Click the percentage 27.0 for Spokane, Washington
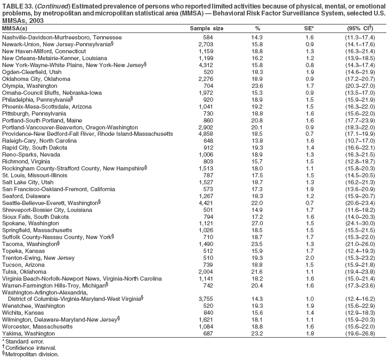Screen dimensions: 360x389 [x=257, y=238]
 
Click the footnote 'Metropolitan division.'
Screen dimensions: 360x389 [x=31, y=354]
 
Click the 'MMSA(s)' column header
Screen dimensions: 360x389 [x=15, y=28]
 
